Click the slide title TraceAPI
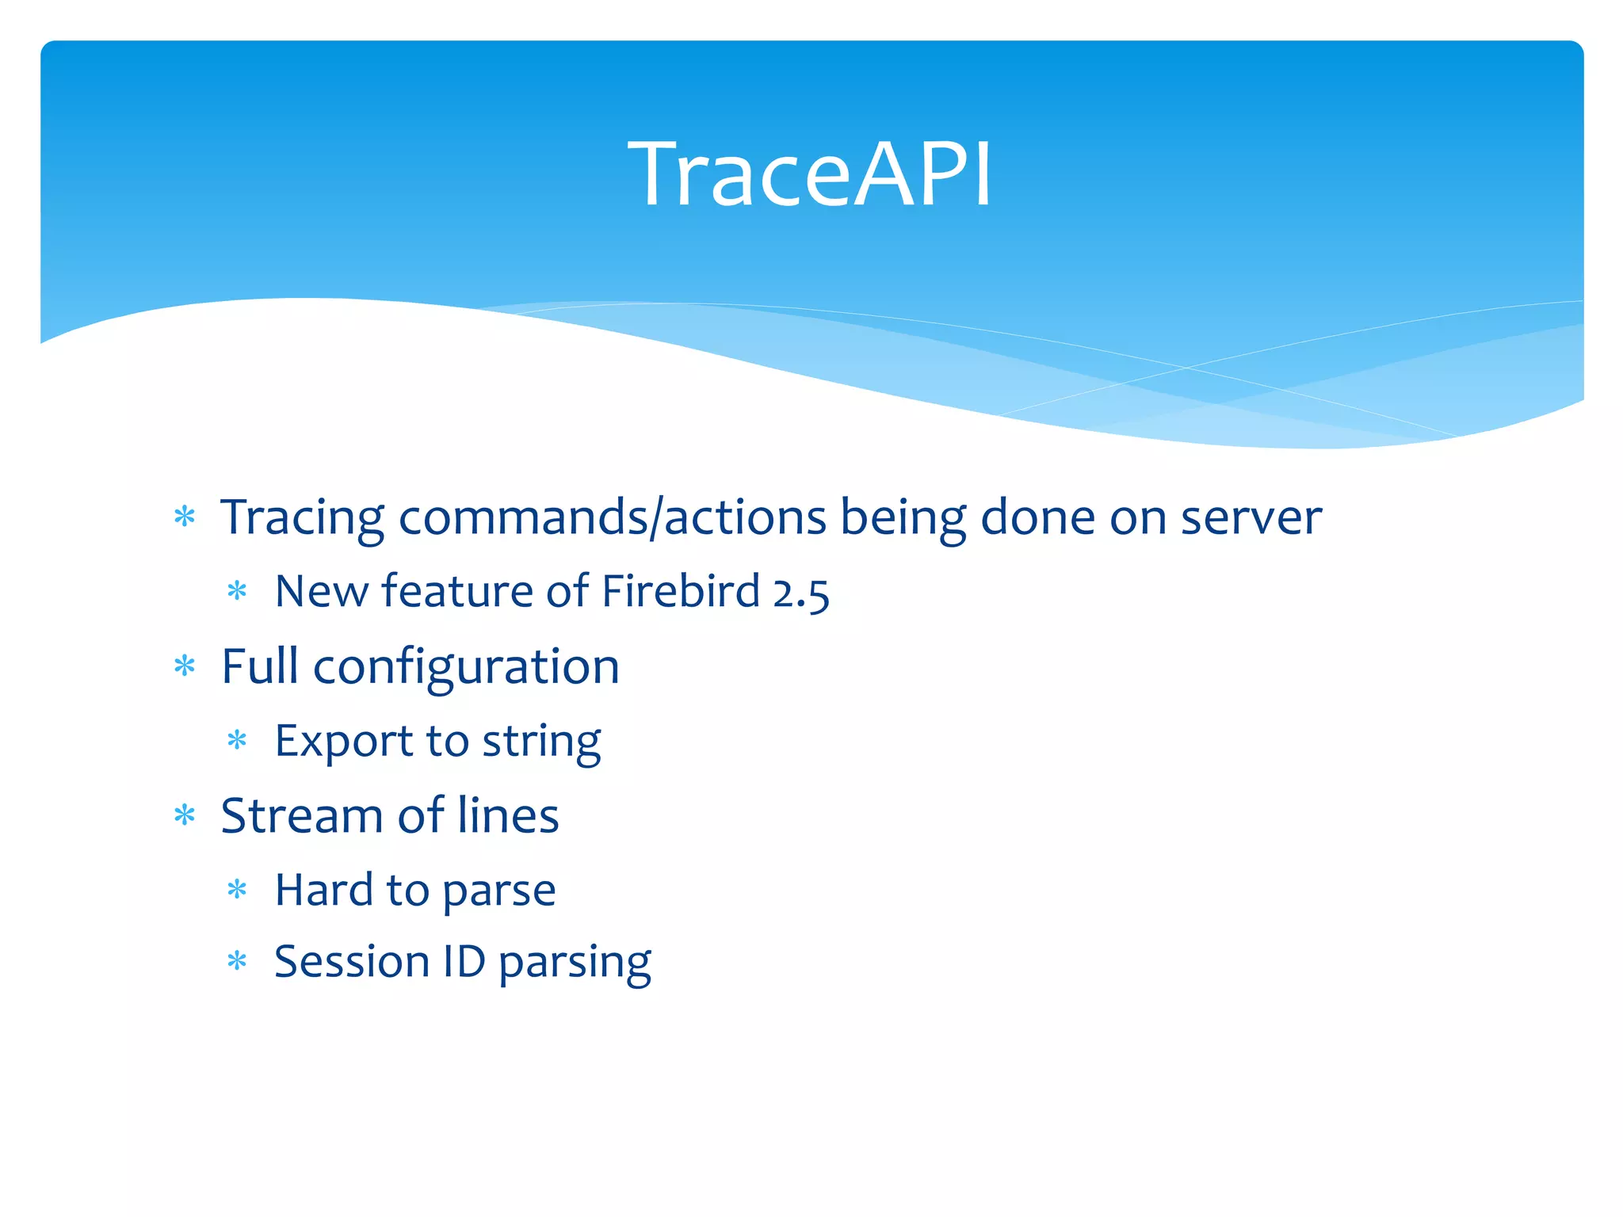click(810, 174)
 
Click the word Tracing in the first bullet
click(302, 519)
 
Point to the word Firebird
click(681, 591)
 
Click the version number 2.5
click(800, 593)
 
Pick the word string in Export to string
click(541, 743)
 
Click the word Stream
click(302, 815)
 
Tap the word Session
click(351, 962)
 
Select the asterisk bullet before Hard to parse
click(237, 890)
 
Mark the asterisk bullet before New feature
click(237, 591)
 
